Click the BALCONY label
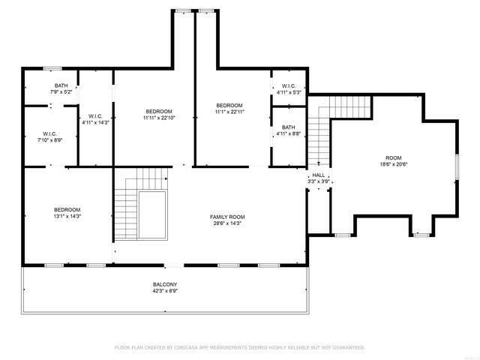[165, 284]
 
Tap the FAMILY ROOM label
[227, 217]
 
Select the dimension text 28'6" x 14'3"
[227, 223]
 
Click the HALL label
[319, 175]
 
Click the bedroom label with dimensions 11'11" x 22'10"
[158, 112]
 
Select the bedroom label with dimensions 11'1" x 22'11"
[229, 105]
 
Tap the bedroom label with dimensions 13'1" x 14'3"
[67, 209]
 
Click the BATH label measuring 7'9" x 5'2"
[61, 85]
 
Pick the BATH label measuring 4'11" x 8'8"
[289, 127]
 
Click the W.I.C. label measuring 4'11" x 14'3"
[95, 116]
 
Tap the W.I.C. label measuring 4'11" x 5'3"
[289, 86]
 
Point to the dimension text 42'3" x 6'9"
[165, 290]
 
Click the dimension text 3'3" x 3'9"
[319, 181]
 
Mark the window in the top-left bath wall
[52, 69]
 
